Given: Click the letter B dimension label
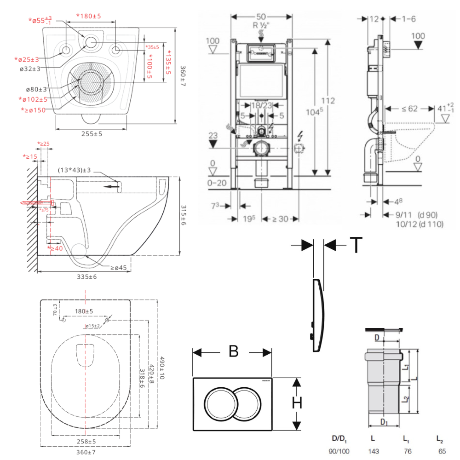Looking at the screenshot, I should [x=234, y=351].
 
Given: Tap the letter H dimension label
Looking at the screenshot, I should [x=298, y=403].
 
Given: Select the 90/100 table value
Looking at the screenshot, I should [x=339, y=451].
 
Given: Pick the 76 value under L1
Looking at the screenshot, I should [x=407, y=451].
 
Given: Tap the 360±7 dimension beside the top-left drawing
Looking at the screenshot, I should [x=183, y=73].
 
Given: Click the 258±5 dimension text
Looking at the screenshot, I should [x=86, y=441].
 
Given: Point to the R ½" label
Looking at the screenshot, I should [x=262, y=25].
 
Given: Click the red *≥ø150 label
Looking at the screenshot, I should [x=33, y=110].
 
